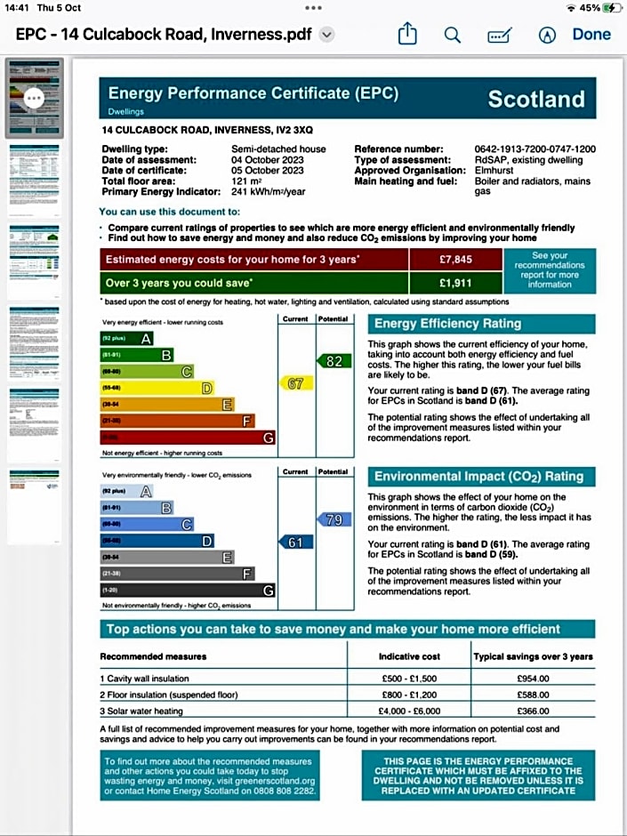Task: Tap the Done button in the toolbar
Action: point(591,35)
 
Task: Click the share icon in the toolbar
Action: point(407,35)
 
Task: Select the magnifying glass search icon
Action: point(453,35)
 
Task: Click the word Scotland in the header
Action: point(536,99)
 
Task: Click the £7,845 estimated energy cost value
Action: point(456,261)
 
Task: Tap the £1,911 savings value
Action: point(456,284)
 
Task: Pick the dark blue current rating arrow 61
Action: point(295,543)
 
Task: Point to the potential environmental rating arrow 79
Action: point(332,519)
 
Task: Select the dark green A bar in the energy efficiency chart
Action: point(127,338)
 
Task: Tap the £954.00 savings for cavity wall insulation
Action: point(533,679)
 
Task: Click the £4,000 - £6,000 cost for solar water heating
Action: point(409,711)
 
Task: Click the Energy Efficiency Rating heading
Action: point(447,324)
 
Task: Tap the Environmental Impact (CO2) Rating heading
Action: point(478,477)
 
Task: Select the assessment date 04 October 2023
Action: point(268,160)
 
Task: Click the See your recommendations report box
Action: point(550,269)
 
